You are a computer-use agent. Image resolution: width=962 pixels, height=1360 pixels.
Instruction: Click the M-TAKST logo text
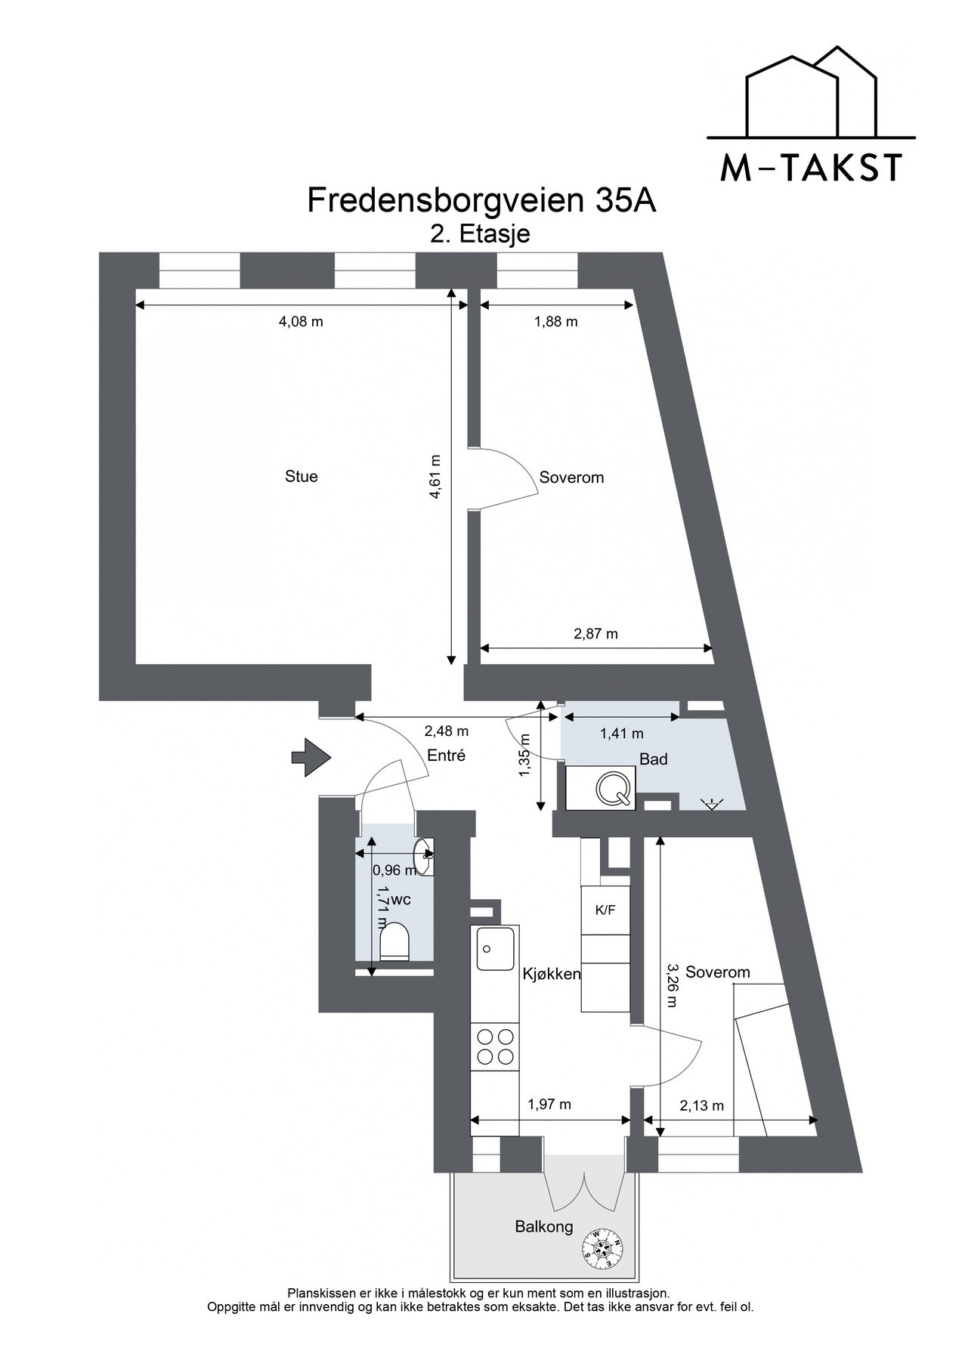point(811,168)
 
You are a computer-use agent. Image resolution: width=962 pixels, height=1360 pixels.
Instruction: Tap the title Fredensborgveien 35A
point(481,201)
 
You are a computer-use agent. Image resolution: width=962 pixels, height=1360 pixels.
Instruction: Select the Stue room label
point(301,477)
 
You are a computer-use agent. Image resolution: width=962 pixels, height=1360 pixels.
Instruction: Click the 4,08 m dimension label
point(301,322)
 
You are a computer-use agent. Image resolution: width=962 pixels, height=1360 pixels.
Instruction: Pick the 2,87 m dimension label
point(595,634)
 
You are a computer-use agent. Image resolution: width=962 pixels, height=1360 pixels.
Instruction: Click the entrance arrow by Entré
point(311,757)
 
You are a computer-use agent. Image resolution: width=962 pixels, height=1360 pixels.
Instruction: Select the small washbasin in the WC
point(424,855)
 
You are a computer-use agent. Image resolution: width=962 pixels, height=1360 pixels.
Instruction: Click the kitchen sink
point(494,947)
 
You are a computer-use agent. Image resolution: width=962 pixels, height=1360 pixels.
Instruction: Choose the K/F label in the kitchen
point(605,910)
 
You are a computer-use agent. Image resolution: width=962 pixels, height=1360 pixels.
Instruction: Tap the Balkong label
point(544,1226)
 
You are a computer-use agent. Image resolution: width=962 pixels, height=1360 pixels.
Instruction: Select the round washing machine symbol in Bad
point(613,788)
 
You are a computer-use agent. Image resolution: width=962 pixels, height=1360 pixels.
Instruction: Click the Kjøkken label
point(552,974)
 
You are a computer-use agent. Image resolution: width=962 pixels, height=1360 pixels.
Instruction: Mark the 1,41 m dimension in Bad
point(621,733)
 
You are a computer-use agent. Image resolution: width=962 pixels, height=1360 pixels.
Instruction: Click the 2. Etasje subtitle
point(480,233)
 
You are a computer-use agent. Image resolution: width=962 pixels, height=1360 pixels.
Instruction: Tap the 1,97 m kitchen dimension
point(549,1105)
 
